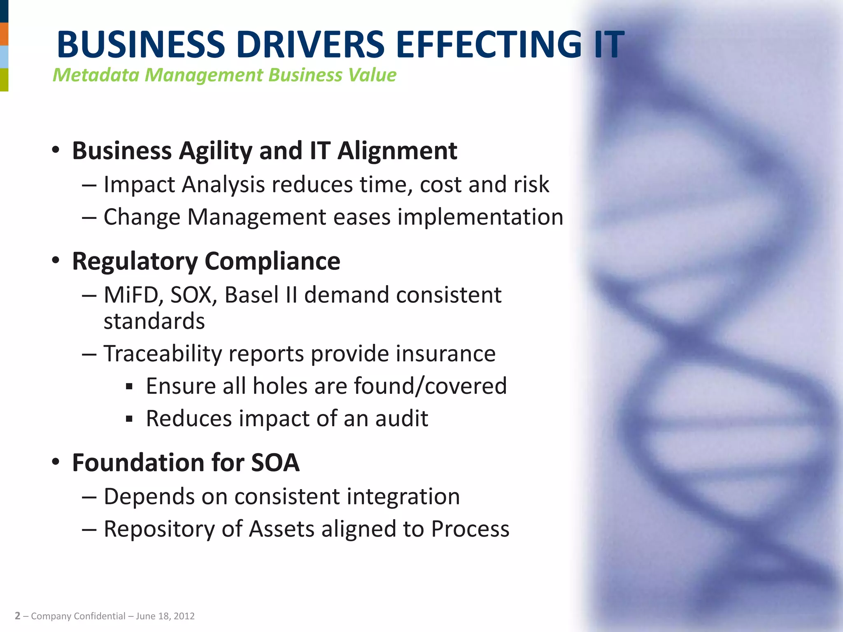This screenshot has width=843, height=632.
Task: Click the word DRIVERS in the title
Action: (x=310, y=44)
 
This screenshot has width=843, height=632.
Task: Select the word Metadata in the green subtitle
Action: (x=96, y=75)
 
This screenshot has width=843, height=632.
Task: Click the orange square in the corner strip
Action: (x=4, y=34)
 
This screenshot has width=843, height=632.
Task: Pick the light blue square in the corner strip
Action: (x=4, y=57)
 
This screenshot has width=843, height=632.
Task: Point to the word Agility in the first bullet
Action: (x=216, y=151)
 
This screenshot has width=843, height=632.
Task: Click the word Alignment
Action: (x=397, y=151)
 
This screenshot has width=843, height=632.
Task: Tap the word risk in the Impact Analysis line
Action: (x=531, y=184)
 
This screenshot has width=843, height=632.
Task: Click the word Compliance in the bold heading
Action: (x=272, y=261)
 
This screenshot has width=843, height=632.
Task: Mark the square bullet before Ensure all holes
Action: (x=129, y=387)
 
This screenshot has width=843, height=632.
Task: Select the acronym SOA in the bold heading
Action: (x=275, y=463)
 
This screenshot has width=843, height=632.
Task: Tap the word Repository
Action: (x=159, y=529)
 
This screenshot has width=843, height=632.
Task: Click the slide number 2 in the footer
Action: (x=17, y=616)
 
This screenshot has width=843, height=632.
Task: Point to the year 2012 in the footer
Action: (x=184, y=616)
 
